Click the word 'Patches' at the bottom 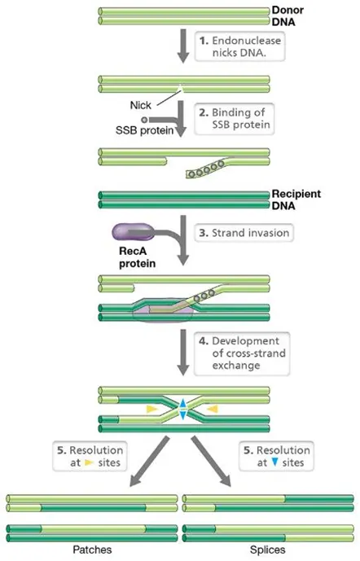(x=90, y=550)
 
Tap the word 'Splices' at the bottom (x=268, y=550)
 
